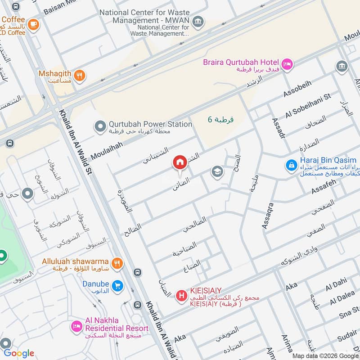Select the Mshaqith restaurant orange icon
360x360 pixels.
click(x=80, y=76)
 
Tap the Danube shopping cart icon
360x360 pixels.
click(x=117, y=286)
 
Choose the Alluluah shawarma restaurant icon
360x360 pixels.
click(x=117, y=264)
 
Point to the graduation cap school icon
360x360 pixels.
click(x=217, y=172)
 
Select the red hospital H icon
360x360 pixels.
click(x=181, y=296)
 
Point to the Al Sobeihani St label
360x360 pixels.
click(x=308, y=104)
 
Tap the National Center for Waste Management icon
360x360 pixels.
click(x=197, y=21)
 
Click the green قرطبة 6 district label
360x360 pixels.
click(x=220, y=119)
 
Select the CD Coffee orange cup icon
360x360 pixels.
click(x=33, y=25)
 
